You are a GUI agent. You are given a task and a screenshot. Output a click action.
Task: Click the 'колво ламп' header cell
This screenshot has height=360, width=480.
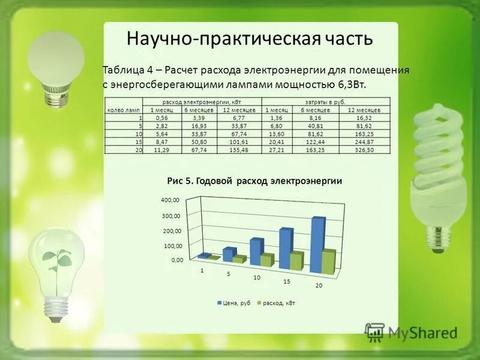[x=124, y=111]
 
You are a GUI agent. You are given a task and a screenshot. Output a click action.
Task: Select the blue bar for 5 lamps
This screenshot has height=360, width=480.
[x=229, y=254]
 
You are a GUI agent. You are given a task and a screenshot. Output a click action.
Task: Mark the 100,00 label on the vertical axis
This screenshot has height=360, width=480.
[x=173, y=246]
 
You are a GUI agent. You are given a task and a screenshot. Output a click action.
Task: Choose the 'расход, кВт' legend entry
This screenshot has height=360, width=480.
[x=277, y=304]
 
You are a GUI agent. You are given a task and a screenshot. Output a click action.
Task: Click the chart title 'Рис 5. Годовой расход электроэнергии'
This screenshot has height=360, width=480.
[x=254, y=181]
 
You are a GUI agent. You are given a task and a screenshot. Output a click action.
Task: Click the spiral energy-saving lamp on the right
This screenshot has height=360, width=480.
[x=440, y=174]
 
